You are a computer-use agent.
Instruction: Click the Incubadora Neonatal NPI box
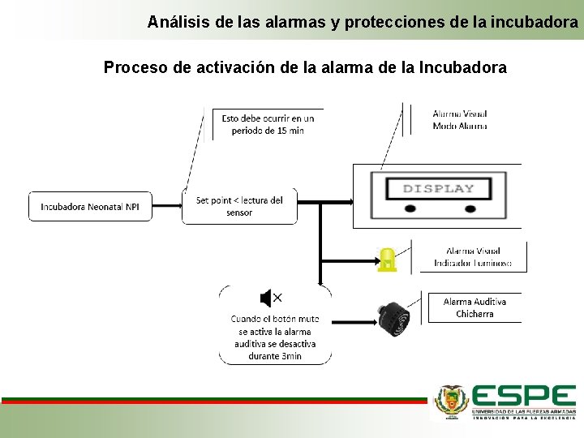click(x=90, y=207)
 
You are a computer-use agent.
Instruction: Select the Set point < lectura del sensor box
click(x=239, y=206)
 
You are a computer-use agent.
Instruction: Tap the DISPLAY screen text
click(x=439, y=189)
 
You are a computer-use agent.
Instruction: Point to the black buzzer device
click(x=394, y=317)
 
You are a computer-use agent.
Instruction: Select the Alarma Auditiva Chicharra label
click(x=474, y=307)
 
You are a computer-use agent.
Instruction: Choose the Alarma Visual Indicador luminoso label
click(x=472, y=257)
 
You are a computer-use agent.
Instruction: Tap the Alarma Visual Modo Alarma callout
click(x=460, y=120)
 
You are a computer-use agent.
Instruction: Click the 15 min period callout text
click(x=268, y=124)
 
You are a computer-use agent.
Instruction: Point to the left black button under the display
click(x=411, y=208)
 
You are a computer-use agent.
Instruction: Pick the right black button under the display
click(x=470, y=208)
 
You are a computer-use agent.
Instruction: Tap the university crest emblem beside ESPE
click(x=452, y=400)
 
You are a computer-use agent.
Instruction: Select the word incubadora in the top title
click(x=539, y=22)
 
